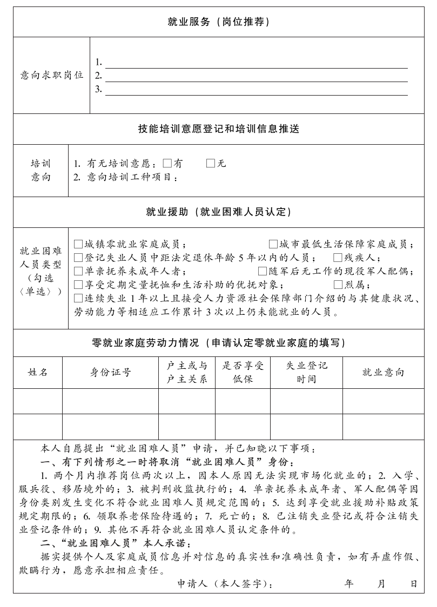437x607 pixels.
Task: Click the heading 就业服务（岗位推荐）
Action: coord(218,22)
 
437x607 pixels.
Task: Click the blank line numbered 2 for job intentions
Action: coord(256,76)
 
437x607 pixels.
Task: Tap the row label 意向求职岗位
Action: coord(52,75)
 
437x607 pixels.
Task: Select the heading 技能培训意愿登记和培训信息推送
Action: coord(218,129)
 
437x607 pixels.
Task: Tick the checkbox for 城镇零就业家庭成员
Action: coord(78,244)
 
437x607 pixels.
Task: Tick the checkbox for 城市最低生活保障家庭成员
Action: coord(273,244)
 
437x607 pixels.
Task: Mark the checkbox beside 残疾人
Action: coord(338,258)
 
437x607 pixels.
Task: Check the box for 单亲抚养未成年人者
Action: coord(78,271)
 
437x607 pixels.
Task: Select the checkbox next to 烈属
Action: coord(338,285)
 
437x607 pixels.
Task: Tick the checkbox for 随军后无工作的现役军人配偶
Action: coord(263,271)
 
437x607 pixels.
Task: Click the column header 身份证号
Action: coord(110,372)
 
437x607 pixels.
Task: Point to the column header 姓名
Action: coord(38,372)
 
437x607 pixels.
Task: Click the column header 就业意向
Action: coord(383,372)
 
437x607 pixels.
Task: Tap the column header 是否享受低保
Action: coord(243,372)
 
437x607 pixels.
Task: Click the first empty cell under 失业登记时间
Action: coord(306,401)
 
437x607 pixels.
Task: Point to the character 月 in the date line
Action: coord(382,584)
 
